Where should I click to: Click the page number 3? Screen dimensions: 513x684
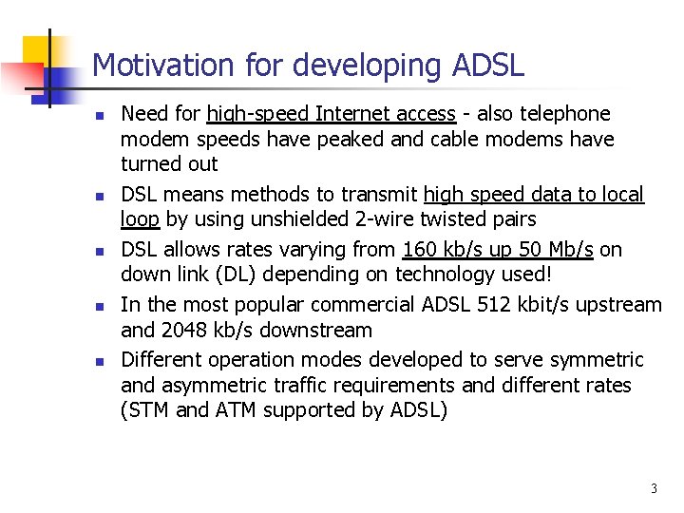click(654, 488)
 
